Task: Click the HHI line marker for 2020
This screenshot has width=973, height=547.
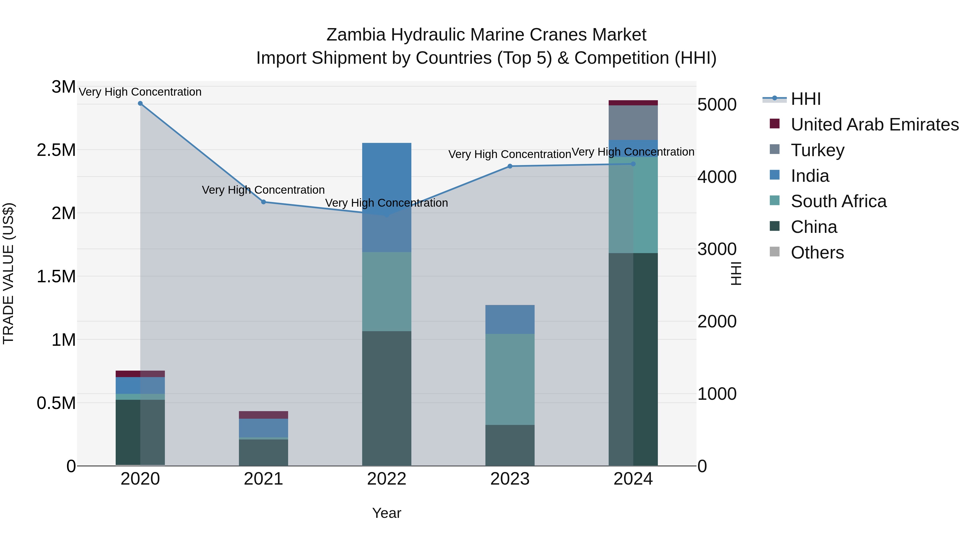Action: [x=140, y=103]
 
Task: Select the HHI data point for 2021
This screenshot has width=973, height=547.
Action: [x=264, y=202]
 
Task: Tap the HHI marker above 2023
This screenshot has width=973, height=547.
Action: [x=510, y=166]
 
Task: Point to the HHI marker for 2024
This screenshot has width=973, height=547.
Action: [x=634, y=164]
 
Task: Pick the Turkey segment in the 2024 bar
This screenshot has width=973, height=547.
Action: [x=634, y=123]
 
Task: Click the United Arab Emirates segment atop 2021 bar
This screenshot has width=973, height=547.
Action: [x=264, y=415]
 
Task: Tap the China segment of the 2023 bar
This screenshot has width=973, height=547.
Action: [x=510, y=445]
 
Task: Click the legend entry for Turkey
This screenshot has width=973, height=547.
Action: [x=817, y=150]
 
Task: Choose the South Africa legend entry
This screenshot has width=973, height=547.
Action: [x=838, y=201]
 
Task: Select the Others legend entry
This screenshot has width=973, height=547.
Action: [x=817, y=253]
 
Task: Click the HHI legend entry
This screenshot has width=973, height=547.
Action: [x=806, y=99]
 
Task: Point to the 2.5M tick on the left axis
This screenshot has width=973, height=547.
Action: [x=56, y=150]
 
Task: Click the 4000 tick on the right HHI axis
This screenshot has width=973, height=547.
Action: [x=717, y=177]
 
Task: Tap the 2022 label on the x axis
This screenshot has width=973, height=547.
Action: [x=386, y=479]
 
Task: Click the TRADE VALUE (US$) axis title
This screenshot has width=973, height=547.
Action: [x=8, y=273]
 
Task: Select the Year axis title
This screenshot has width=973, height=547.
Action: [x=386, y=513]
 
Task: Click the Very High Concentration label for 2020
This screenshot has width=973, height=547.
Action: [x=140, y=92]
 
